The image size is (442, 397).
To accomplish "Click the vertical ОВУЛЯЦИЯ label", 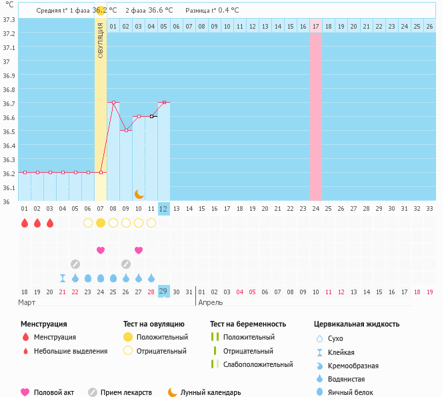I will point(101,39).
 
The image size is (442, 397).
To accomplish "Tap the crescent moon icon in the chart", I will point(139,193).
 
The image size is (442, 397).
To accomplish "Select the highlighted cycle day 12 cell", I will point(164,208).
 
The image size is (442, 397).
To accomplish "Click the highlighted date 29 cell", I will point(163,291).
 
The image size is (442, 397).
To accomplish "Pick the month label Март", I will point(27,302).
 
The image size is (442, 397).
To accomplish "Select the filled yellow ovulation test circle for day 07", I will point(101,223).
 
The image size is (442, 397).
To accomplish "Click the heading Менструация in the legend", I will point(43,324).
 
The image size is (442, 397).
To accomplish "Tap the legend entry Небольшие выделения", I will point(70,351).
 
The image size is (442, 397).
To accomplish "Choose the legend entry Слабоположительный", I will point(258,364).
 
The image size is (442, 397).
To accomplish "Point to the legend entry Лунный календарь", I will point(211,392).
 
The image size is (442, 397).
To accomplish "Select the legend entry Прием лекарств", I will point(126,392).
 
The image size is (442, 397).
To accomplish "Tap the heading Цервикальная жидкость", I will point(357,324).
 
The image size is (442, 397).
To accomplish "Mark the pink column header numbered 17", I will point(316,26).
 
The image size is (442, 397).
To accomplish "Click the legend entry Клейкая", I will point(341,352).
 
